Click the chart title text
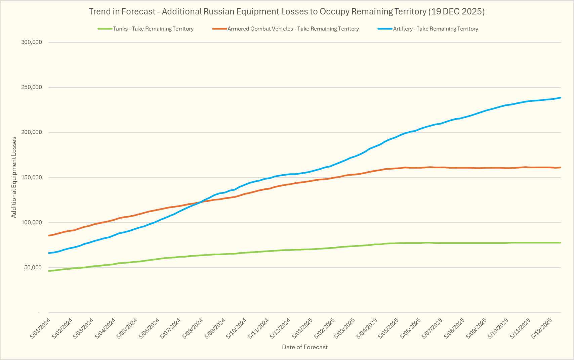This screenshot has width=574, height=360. tap(287, 11)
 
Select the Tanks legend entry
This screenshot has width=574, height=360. tap(153, 29)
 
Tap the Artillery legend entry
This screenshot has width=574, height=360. tap(436, 29)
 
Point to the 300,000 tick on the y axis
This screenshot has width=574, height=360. tap(31, 42)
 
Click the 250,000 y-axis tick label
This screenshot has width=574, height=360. tap(31, 87)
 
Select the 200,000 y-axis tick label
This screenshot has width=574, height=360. tap(31, 132)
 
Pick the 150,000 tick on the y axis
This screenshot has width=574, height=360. tap(31, 177)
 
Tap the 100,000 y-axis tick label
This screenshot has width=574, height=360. tap(31, 222)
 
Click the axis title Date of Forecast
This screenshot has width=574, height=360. tap(305, 347)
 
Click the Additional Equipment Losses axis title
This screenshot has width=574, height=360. tap(14, 177)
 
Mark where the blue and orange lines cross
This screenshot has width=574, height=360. tap(200, 202)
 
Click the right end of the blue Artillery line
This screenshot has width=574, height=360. tap(561, 98)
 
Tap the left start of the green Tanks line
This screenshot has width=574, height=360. tap(49, 271)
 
